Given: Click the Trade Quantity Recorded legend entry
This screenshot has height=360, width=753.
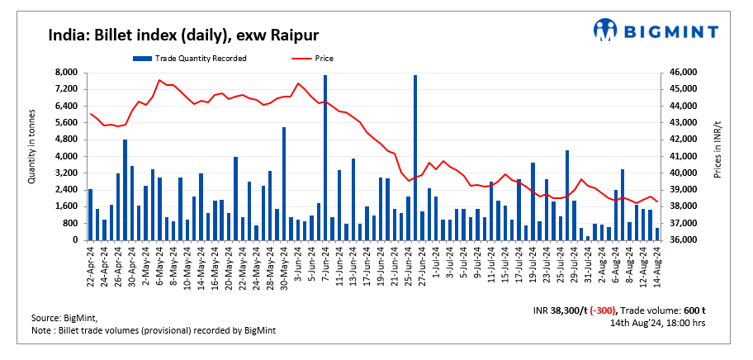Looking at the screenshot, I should point(189,58).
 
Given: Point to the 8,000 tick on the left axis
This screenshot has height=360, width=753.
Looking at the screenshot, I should point(65,73).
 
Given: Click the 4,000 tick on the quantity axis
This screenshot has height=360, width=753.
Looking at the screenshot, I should point(65,156).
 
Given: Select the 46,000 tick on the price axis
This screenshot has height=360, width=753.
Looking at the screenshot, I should point(684,73).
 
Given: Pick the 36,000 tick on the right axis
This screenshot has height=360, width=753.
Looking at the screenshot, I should point(684,240).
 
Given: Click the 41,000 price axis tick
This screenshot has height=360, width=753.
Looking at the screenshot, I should point(684,156).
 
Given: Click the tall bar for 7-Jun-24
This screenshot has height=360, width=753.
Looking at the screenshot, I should point(325,157).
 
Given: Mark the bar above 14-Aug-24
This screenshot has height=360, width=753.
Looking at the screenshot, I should point(657,234).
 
